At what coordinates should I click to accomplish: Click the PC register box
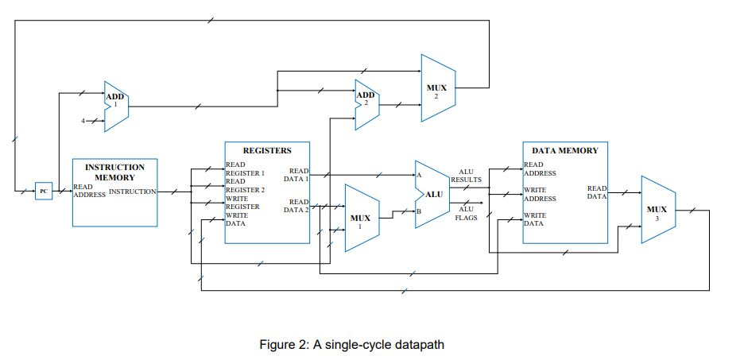44,191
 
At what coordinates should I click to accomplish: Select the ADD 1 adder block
115,102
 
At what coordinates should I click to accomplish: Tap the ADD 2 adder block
366,102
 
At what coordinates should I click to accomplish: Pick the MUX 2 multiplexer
436,88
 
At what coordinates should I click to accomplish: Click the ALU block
432,193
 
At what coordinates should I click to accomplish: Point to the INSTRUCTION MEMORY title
114,172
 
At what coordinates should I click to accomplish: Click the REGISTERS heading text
266,150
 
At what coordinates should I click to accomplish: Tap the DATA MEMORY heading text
564,150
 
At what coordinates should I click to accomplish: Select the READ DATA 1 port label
299,175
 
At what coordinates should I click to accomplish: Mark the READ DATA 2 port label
299,206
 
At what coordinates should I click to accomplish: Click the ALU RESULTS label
466,176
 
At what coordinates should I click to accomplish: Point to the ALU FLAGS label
466,213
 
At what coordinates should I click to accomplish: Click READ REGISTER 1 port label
244,168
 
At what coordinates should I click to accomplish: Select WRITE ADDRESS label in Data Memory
540,195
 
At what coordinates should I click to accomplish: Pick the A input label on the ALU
418,175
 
